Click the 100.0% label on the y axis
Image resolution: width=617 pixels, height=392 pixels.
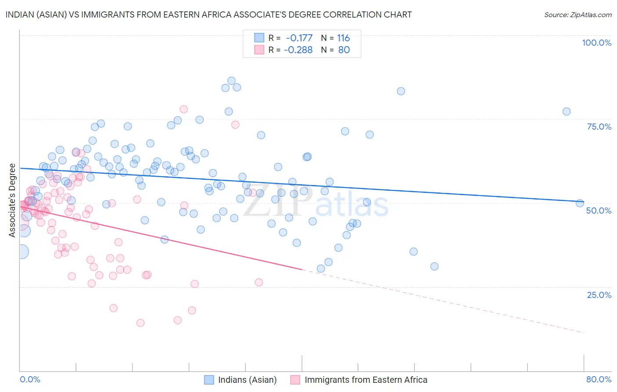click(x=596, y=43)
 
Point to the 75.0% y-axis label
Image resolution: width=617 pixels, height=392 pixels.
click(x=599, y=127)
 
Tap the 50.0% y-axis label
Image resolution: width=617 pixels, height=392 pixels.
click(x=599, y=211)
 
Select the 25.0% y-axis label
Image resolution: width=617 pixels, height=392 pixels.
click(x=599, y=295)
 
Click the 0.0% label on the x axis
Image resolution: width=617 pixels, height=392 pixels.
click(x=30, y=379)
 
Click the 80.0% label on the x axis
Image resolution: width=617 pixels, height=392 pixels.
click(x=599, y=379)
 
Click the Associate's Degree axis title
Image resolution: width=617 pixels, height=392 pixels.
click(x=12, y=200)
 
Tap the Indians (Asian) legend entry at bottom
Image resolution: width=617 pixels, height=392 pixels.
click(x=247, y=380)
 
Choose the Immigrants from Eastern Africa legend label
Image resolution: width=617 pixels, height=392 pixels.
click(x=366, y=380)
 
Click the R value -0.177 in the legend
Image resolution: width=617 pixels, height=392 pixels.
click(x=299, y=38)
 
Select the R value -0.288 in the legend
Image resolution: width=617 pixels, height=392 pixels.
click(x=298, y=50)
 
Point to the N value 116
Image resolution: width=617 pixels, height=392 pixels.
click(x=343, y=38)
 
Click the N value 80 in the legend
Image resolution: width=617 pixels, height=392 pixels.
click(x=344, y=50)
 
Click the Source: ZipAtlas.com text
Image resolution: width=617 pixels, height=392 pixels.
click(x=578, y=15)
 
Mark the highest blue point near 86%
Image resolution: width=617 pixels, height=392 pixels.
click(x=231, y=81)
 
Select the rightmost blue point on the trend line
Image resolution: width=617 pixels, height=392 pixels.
click(x=580, y=203)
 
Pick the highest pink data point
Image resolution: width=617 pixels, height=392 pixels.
click(x=183, y=109)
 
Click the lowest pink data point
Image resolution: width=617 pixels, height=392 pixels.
click(x=140, y=323)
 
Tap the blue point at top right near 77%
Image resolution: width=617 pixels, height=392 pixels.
click(x=567, y=112)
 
